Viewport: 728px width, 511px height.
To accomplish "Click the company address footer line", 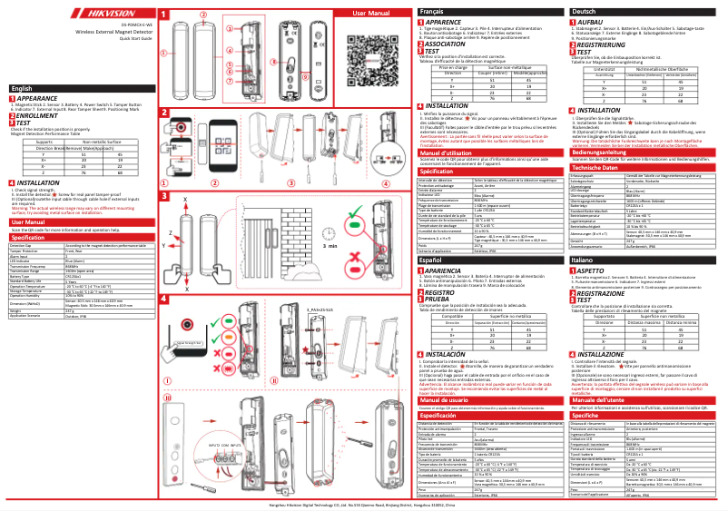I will (364, 505).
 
